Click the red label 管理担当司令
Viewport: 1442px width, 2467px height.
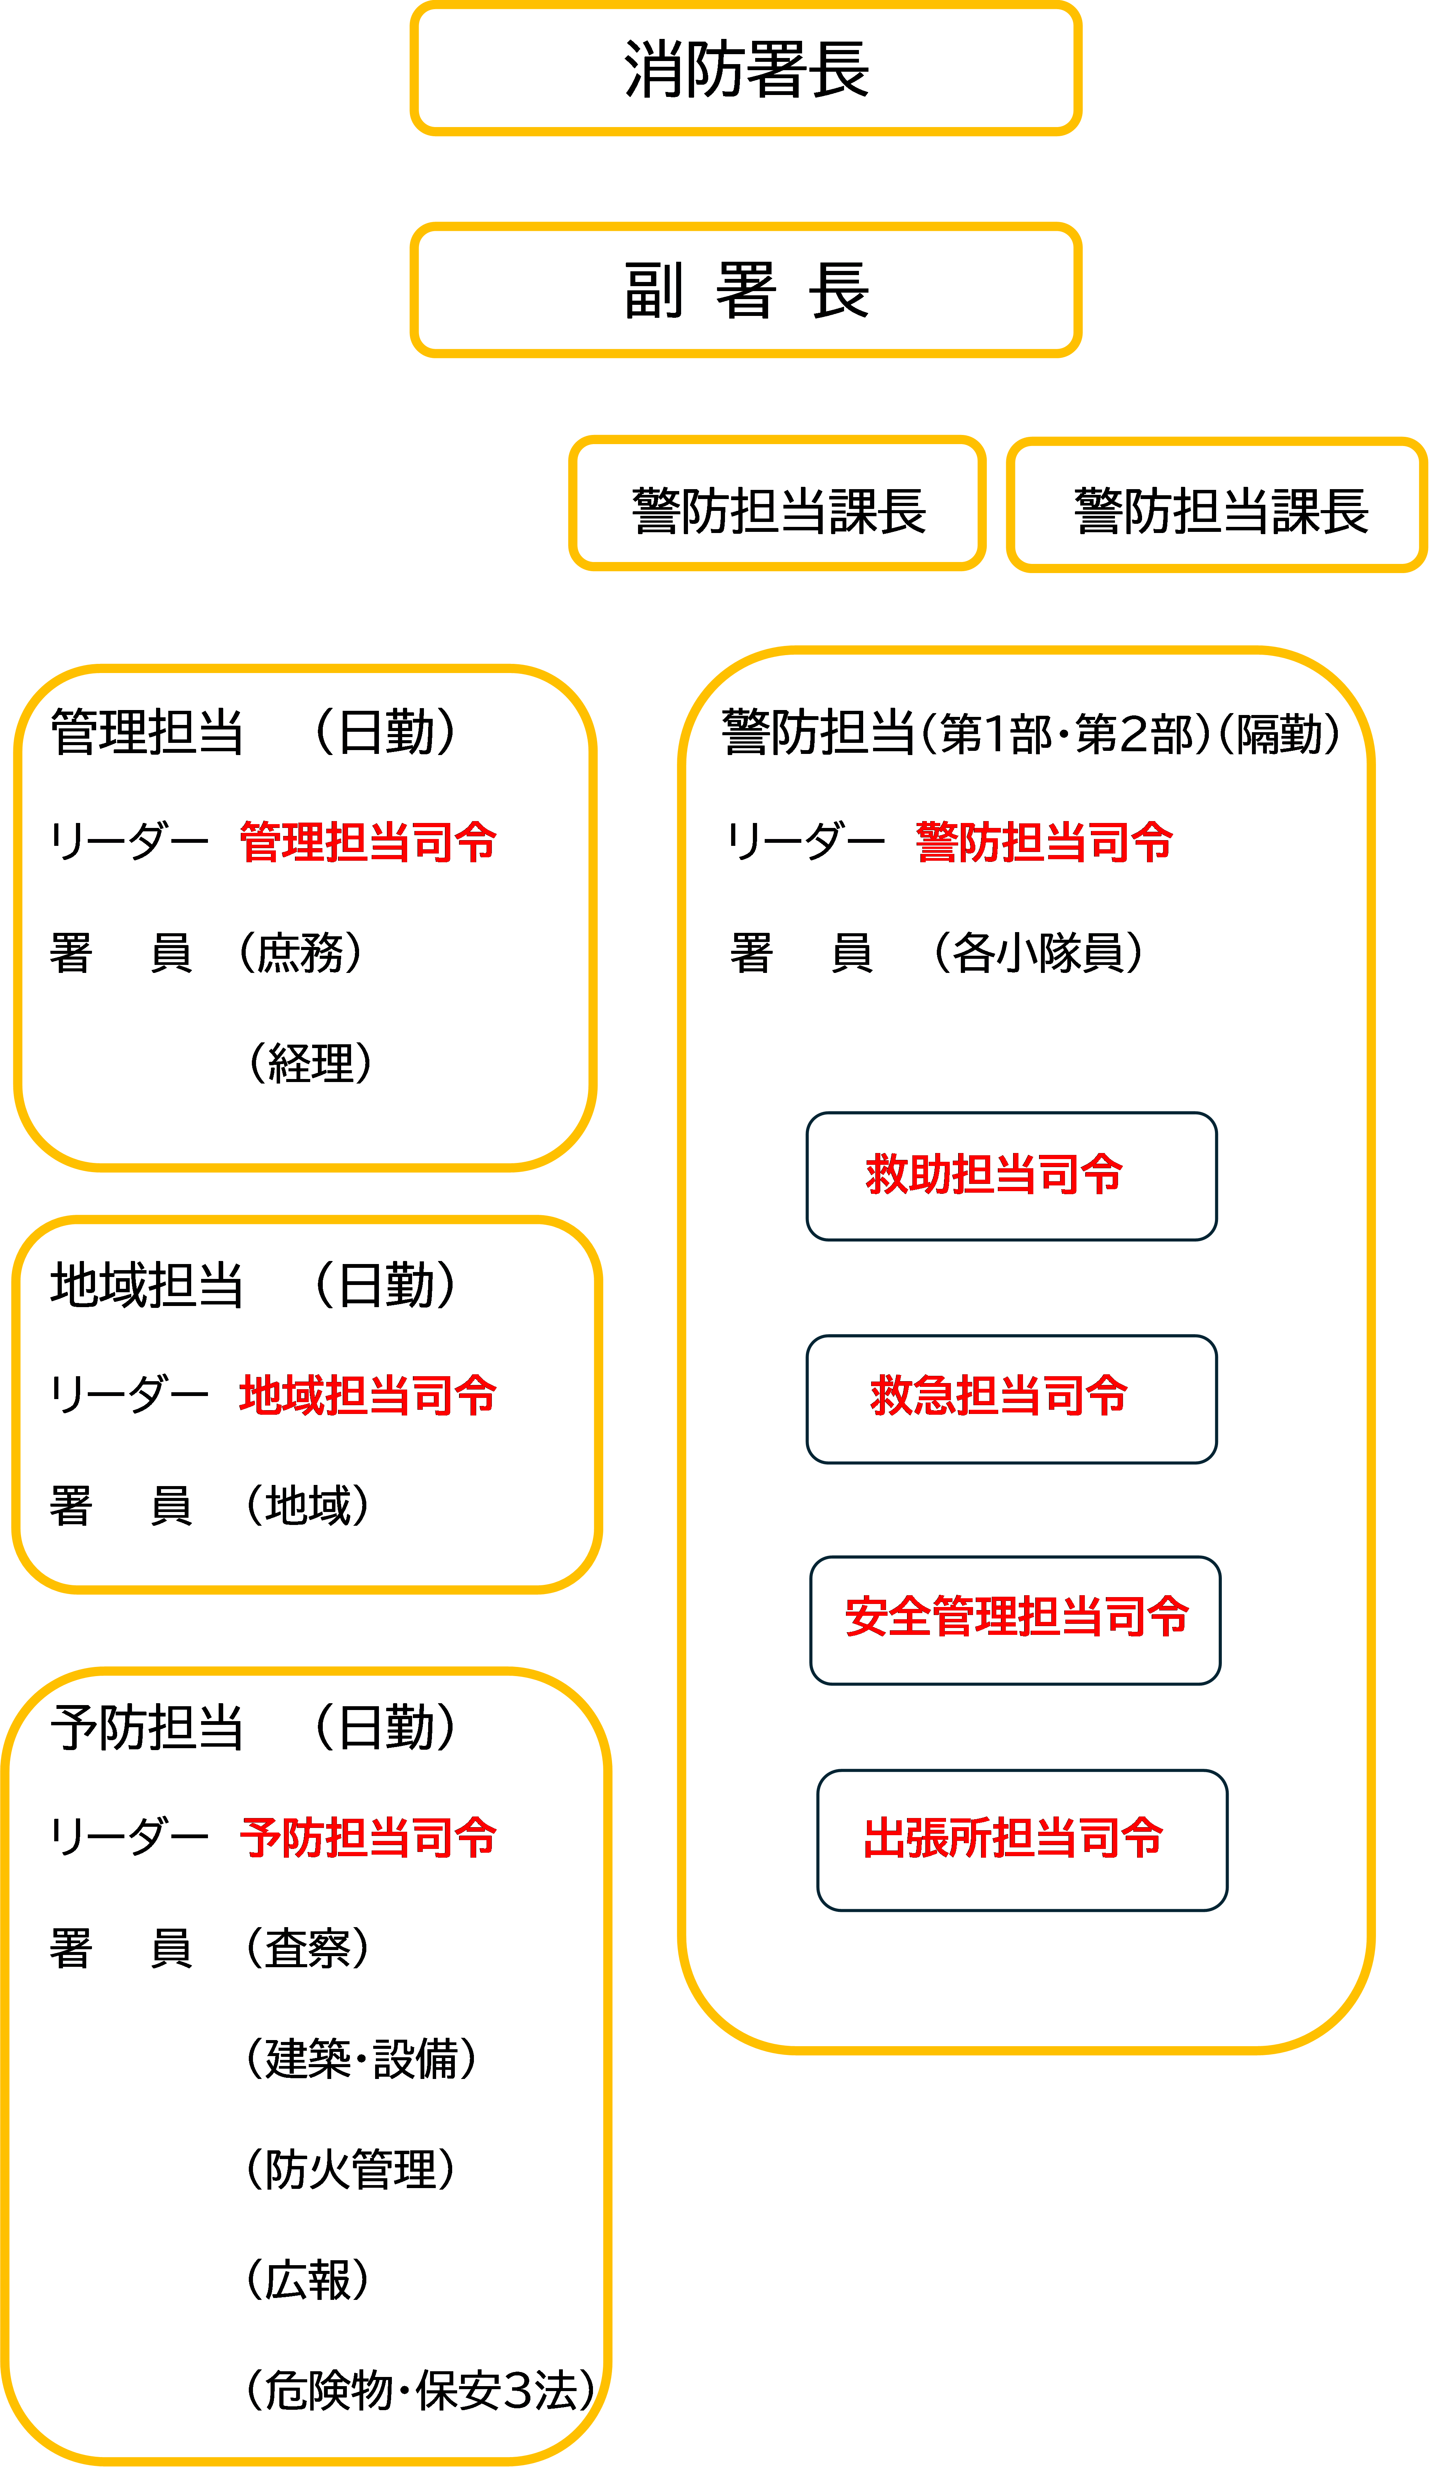click(x=368, y=842)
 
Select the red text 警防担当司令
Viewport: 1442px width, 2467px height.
click(x=1044, y=842)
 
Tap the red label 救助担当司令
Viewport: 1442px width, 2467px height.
click(x=994, y=1174)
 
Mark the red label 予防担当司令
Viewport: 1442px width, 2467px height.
click(x=368, y=1837)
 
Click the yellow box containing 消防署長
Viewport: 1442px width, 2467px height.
click(x=746, y=69)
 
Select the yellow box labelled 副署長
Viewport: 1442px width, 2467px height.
click(x=746, y=290)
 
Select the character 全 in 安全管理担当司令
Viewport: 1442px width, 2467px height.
click(x=909, y=1616)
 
